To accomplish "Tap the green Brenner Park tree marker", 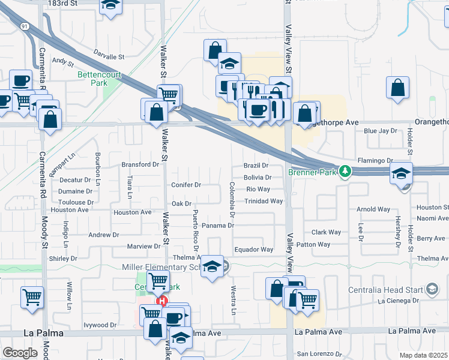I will coord(345,172).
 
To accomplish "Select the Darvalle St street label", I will coord(109,57).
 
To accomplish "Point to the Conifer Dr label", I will coord(186,185).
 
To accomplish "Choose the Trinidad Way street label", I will coord(264,201).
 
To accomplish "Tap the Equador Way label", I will coord(254,250).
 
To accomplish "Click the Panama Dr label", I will coord(217,226).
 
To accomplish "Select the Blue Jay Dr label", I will coord(381,131).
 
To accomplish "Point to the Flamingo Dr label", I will coord(375,161).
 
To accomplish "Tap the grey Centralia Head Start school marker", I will coord(431,289).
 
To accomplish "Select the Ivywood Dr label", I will coord(100,325).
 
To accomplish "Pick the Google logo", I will coord(20,353).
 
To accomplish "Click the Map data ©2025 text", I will coord(424,355).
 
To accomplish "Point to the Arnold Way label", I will coord(373,209).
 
